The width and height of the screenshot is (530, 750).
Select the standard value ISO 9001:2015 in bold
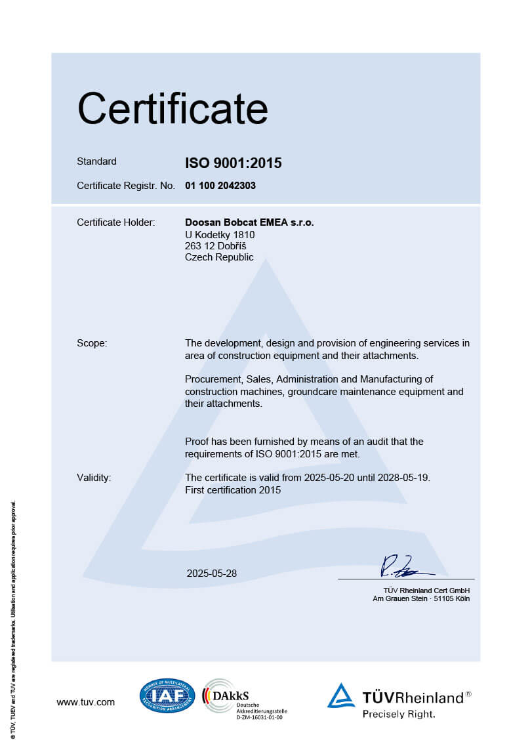click(x=233, y=163)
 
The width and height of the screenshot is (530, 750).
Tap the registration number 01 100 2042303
click(x=220, y=186)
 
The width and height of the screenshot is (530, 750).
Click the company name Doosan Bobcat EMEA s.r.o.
click(x=249, y=222)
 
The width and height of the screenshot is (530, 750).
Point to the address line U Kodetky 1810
click(x=220, y=234)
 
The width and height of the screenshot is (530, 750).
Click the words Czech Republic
click(x=219, y=257)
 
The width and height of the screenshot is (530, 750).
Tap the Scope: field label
click(x=92, y=343)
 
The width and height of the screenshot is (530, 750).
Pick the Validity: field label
click(x=94, y=478)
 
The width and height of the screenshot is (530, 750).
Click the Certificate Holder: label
click(x=115, y=222)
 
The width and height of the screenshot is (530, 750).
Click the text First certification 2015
click(x=233, y=490)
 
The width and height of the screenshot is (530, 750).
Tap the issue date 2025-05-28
click(x=212, y=573)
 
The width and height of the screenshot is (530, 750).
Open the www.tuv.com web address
click(x=85, y=702)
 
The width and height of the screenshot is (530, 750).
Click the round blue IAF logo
click(x=167, y=696)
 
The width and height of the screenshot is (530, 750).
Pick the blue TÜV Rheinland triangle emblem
click(x=341, y=696)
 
